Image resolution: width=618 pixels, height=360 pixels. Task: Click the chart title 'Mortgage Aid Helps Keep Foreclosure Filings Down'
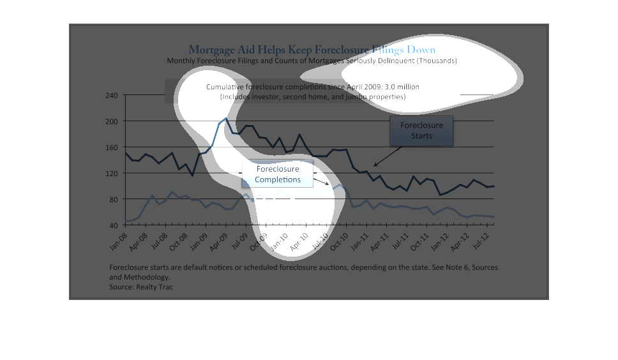tap(312, 50)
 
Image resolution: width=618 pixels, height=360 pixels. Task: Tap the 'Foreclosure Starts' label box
tap(421, 130)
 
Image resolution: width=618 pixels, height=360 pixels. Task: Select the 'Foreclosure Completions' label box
tap(278, 174)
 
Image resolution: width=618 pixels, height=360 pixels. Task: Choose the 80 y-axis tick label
tap(113, 199)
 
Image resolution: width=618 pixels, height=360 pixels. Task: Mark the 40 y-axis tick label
tap(113, 225)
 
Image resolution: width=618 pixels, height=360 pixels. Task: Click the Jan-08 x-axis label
tap(119, 239)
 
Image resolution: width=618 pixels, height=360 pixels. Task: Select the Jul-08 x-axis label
tap(159, 239)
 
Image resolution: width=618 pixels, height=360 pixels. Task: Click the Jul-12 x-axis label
tap(479, 239)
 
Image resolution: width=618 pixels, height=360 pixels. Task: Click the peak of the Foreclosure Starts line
tap(225, 118)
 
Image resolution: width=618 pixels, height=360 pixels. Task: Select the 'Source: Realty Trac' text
tap(141, 287)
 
